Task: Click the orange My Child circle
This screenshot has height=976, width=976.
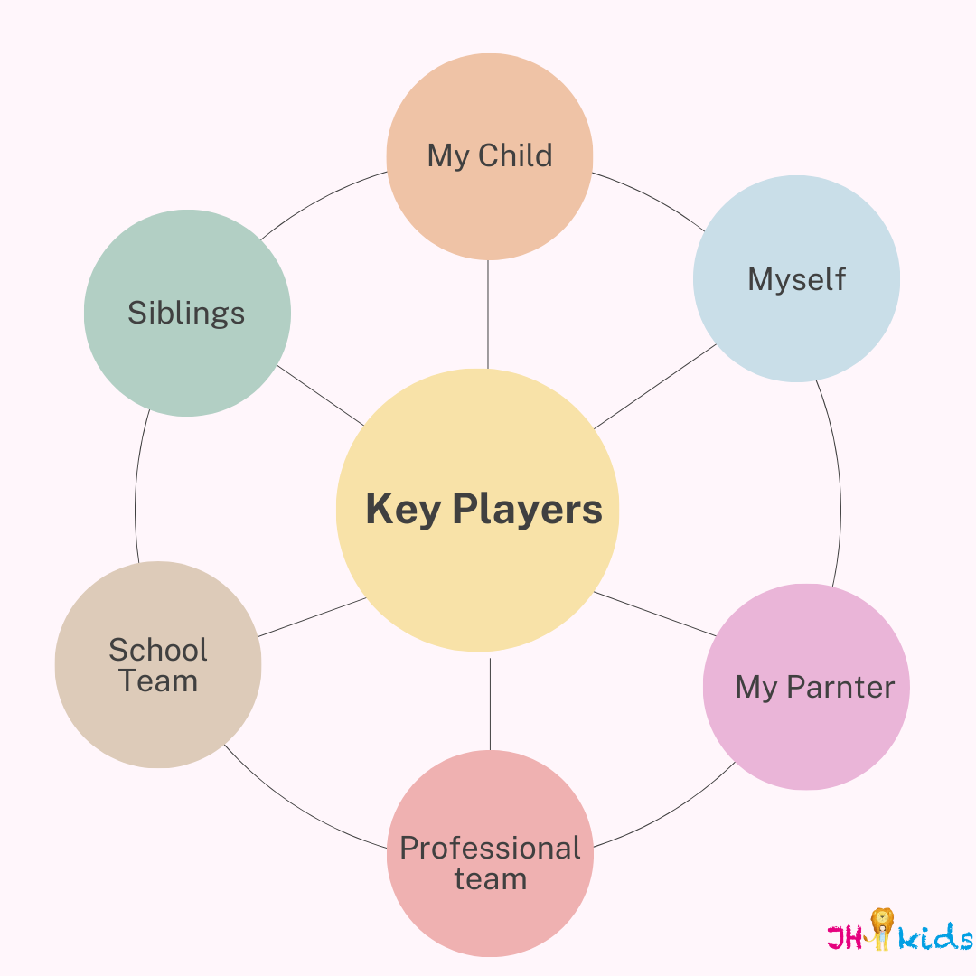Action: point(489,156)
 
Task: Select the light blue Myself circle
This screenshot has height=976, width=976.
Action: point(796,278)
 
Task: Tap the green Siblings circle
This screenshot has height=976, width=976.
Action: point(187,313)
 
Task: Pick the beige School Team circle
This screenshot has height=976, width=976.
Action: point(158,665)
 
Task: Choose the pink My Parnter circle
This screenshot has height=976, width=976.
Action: point(806,687)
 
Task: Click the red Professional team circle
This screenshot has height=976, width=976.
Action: point(490,853)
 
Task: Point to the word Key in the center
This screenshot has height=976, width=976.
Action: point(403,509)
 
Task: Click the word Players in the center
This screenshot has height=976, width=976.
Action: point(527,509)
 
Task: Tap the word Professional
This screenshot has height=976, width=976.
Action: point(490,848)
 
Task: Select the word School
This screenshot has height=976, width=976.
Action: point(158,650)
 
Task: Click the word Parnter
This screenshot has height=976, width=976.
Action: point(840,687)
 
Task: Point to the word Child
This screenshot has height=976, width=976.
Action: point(515,155)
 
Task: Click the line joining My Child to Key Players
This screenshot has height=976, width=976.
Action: point(488,314)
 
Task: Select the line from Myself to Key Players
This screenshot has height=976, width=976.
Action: point(655,387)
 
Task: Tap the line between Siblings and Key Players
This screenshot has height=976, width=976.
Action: point(320,395)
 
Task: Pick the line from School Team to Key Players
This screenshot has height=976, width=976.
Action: point(312,617)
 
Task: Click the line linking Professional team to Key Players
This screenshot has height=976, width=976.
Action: point(490,704)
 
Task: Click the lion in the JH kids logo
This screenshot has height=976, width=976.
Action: point(881,928)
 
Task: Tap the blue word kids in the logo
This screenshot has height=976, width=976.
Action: point(935,935)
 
